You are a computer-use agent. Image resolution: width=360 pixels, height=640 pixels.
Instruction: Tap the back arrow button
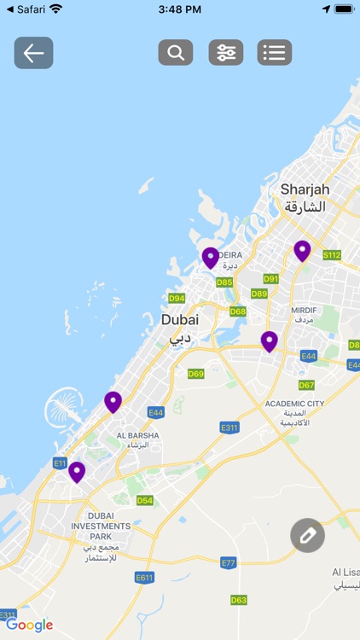click(33, 53)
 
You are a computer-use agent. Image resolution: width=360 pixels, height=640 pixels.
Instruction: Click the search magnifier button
click(176, 53)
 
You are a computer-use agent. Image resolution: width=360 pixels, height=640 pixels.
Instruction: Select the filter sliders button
click(226, 53)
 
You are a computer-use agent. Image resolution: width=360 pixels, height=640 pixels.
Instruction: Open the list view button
click(275, 53)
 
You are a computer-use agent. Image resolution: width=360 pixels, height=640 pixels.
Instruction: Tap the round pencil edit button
click(307, 535)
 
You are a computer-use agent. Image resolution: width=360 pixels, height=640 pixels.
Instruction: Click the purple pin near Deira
click(211, 257)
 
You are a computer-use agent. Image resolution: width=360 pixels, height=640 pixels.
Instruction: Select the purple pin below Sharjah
click(302, 250)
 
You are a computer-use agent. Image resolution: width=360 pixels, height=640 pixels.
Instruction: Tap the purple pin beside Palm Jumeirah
click(113, 401)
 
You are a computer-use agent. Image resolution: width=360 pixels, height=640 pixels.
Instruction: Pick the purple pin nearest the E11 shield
click(77, 471)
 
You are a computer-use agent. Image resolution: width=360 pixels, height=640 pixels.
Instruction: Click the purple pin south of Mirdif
click(270, 341)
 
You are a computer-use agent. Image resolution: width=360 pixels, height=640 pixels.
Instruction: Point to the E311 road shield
click(229, 428)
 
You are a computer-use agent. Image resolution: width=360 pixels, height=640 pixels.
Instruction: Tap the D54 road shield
click(145, 500)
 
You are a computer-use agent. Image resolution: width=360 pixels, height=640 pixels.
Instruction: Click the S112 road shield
click(332, 255)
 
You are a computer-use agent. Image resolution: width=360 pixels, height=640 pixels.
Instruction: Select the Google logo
click(30, 625)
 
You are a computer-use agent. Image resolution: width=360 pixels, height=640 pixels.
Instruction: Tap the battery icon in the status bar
click(344, 9)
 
